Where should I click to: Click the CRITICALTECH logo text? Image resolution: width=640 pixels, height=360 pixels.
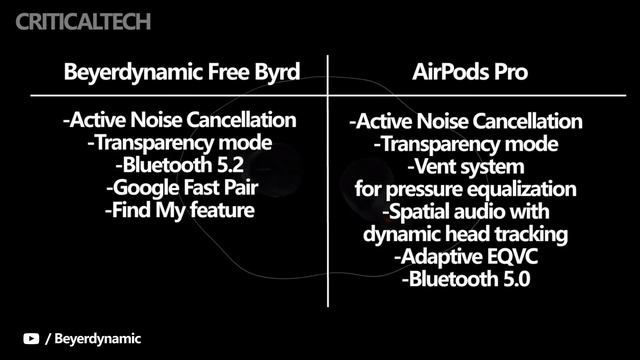click(x=76, y=19)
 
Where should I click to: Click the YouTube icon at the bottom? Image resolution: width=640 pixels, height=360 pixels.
click(x=33, y=339)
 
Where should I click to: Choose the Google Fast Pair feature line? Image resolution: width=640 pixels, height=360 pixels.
click(x=180, y=187)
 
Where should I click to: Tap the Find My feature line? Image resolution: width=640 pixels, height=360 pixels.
click(x=180, y=210)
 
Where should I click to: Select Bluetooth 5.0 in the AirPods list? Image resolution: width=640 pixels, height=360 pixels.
click(x=466, y=281)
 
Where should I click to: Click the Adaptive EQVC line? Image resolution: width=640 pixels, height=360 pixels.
click(x=466, y=258)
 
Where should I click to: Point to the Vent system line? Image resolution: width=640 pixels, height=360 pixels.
click(x=466, y=166)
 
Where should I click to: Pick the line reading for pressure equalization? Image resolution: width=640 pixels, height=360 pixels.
click(x=466, y=189)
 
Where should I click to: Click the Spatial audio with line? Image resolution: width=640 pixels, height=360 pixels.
click(x=466, y=212)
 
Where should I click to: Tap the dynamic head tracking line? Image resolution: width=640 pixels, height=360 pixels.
click(x=466, y=235)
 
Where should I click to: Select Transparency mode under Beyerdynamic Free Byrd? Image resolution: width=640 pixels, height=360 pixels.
click(x=180, y=142)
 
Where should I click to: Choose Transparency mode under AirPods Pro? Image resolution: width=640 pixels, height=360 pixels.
click(x=466, y=144)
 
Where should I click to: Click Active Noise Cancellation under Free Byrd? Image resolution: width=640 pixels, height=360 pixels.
click(x=180, y=120)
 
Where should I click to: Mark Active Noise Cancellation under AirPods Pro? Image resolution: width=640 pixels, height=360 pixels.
click(x=466, y=122)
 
